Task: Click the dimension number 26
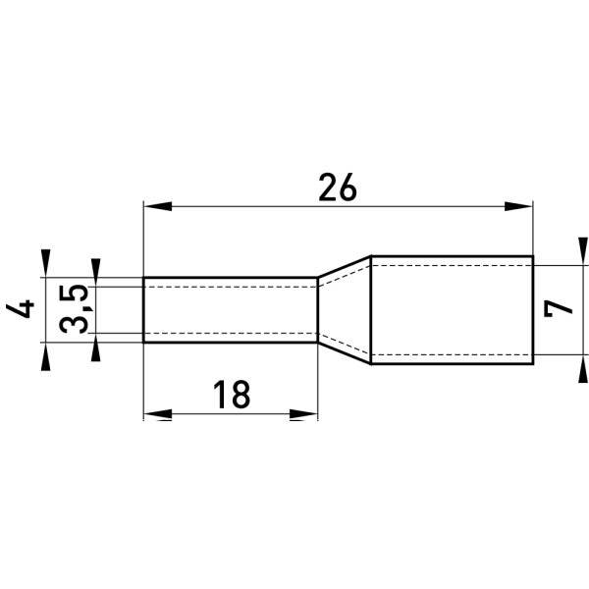338,187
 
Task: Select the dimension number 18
232,395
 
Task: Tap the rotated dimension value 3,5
74,309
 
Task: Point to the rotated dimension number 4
20,309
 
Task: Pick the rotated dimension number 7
559,309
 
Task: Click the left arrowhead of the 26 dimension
158,206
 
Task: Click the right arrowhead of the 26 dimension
518,206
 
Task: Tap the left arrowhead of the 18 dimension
158,414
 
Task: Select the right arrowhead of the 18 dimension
303,414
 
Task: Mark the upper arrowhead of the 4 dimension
45,263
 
